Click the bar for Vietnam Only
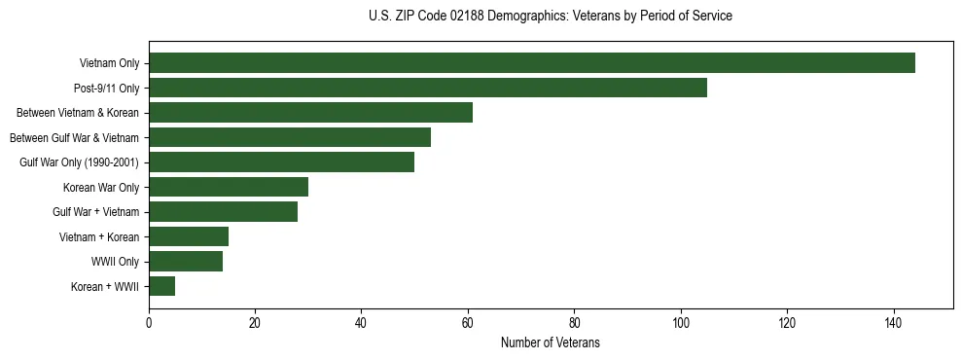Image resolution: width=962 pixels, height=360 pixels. click(x=532, y=63)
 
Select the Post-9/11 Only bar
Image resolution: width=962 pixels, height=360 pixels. click(x=428, y=88)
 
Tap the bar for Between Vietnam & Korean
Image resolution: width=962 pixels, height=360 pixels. click(x=310, y=113)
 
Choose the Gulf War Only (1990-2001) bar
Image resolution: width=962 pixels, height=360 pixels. click(x=282, y=162)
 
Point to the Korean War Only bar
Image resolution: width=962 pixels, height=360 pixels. click(x=229, y=187)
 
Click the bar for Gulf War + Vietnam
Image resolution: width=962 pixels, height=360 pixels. click(x=224, y=211)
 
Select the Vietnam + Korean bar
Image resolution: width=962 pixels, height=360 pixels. click(x=189, y=236)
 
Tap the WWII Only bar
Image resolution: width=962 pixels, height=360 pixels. click(x=186, y=261)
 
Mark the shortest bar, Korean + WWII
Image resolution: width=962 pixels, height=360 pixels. click(x=162, y=286)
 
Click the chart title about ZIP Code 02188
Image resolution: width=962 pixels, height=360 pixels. click(x=551, y=17)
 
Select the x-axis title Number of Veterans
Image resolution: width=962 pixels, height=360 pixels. click(x=551, y=343)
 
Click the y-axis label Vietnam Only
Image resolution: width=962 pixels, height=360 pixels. click(x=109, y=64)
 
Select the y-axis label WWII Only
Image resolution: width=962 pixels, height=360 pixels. click(x=115, y=262)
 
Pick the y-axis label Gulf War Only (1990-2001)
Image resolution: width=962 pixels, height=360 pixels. click(x=79, y=162)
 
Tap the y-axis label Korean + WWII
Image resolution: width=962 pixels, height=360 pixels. click(x=105, y=287)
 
